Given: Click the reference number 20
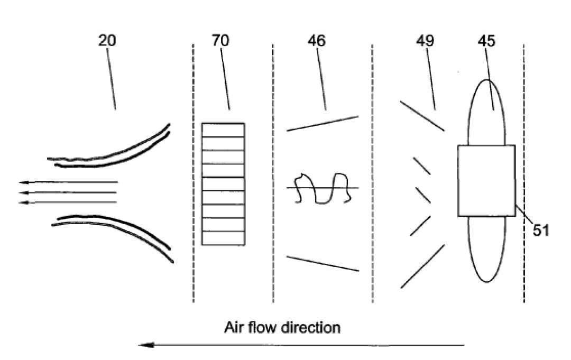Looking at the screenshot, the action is [107, 40].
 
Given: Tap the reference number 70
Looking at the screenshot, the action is [220, 40].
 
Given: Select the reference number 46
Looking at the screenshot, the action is [317, 40].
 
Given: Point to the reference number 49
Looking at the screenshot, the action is [425, 40].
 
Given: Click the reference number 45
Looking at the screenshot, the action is [486, 40].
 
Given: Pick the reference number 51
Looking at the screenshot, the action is [541, 230].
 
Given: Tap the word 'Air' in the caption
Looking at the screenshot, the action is [234, 328].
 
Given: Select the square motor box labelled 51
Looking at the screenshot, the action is [486, 181].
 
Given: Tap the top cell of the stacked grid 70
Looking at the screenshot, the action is [223, 130].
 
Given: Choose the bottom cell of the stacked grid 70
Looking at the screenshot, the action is [223, 238].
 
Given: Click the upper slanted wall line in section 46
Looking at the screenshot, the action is [323, 124].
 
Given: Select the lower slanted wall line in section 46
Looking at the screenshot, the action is [323, 264].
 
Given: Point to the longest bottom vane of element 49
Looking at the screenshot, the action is [423, 266].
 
